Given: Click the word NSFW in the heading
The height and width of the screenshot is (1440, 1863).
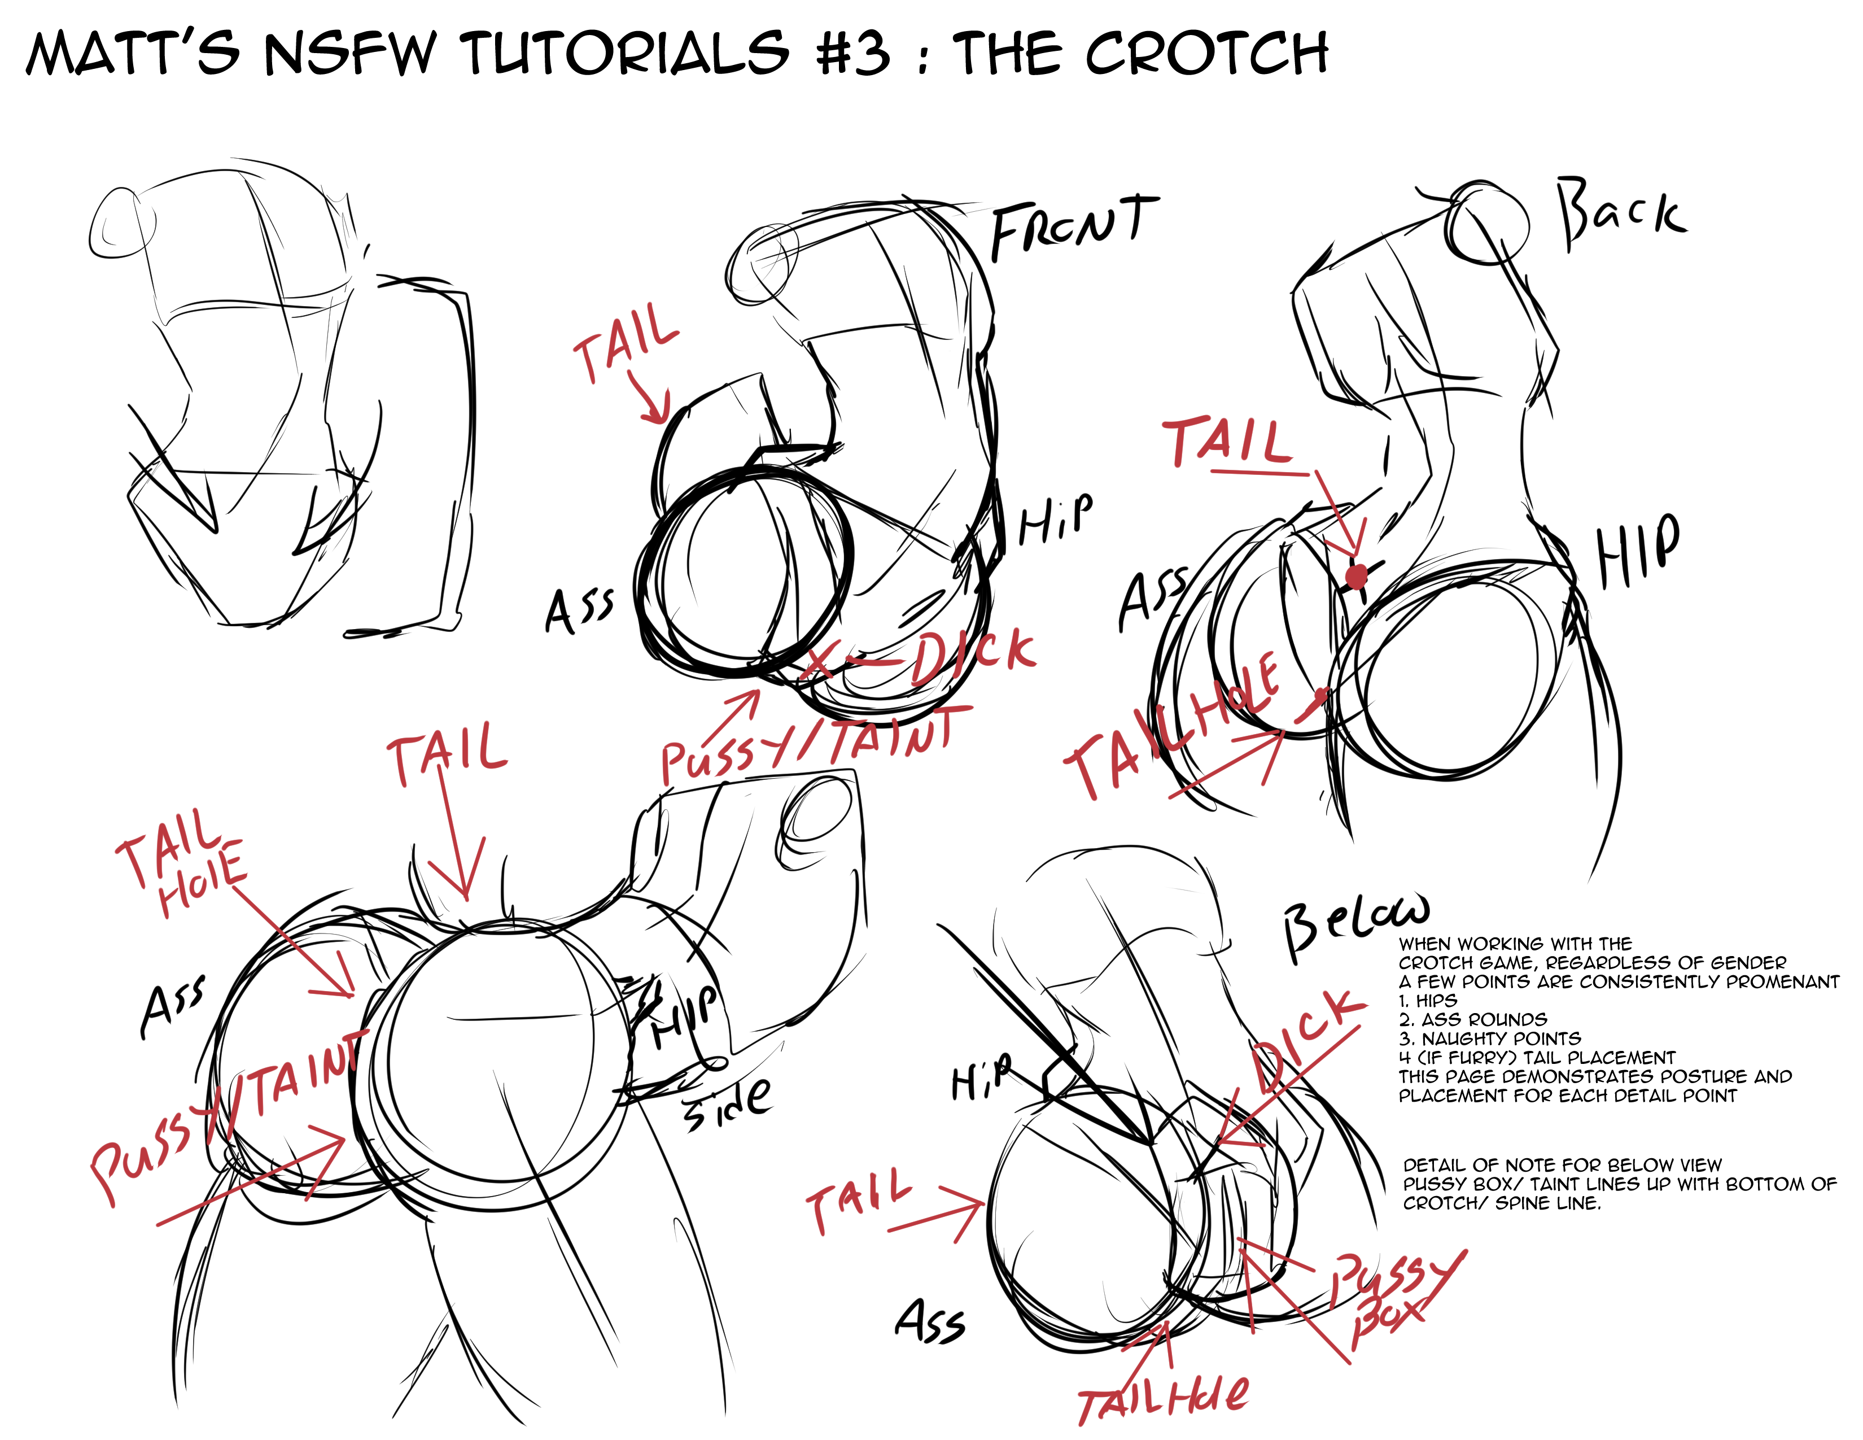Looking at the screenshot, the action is click(351, 53).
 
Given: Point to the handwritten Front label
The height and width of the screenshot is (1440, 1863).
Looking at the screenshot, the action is click(1073, 226).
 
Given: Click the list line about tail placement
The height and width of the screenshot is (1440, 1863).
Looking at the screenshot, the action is click(1537, 1058).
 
